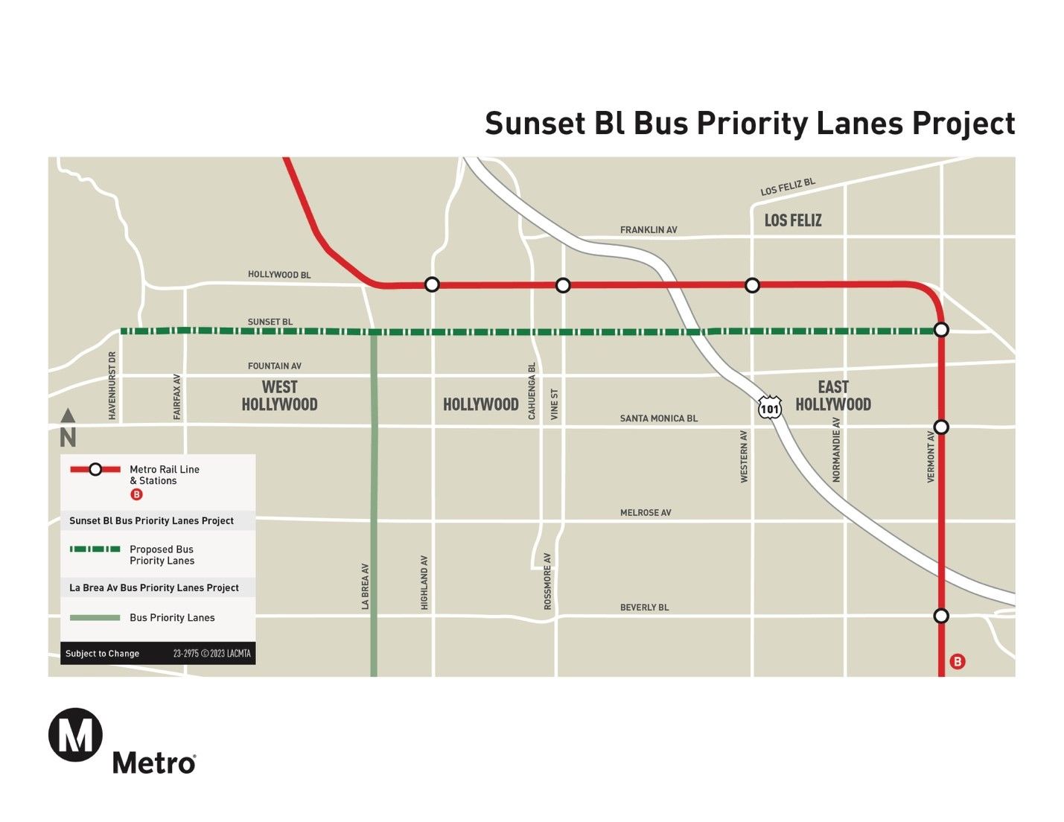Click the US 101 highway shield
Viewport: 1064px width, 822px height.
[770, 408]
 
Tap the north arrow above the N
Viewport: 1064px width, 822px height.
[68, 415]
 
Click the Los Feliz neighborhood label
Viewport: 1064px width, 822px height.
[793, 220]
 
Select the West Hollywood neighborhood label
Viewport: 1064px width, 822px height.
[279, 395]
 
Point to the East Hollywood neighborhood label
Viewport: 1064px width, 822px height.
[833, 395]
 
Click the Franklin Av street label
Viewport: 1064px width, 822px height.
[649, 230]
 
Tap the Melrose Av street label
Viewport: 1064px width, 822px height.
[646, 513]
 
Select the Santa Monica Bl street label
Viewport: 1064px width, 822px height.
[659, 418]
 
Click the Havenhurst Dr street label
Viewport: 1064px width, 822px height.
[112, 386]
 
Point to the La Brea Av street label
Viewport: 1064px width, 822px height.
[365, 587]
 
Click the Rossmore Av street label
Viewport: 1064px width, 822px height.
[547, 582]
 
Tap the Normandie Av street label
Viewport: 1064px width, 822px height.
[836, 450]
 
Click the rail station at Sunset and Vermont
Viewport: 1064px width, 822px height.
[941, 330]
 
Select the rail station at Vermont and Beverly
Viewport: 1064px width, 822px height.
[941, 616]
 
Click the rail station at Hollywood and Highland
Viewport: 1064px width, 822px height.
[432, 284]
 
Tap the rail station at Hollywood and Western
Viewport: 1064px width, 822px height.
[752, 285]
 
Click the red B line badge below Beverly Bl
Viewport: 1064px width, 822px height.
[958, 662]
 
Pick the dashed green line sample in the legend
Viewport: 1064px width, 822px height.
[95, 549]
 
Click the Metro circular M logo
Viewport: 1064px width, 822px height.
[75, 736]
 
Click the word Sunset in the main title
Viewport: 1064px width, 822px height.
[535, 124]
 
